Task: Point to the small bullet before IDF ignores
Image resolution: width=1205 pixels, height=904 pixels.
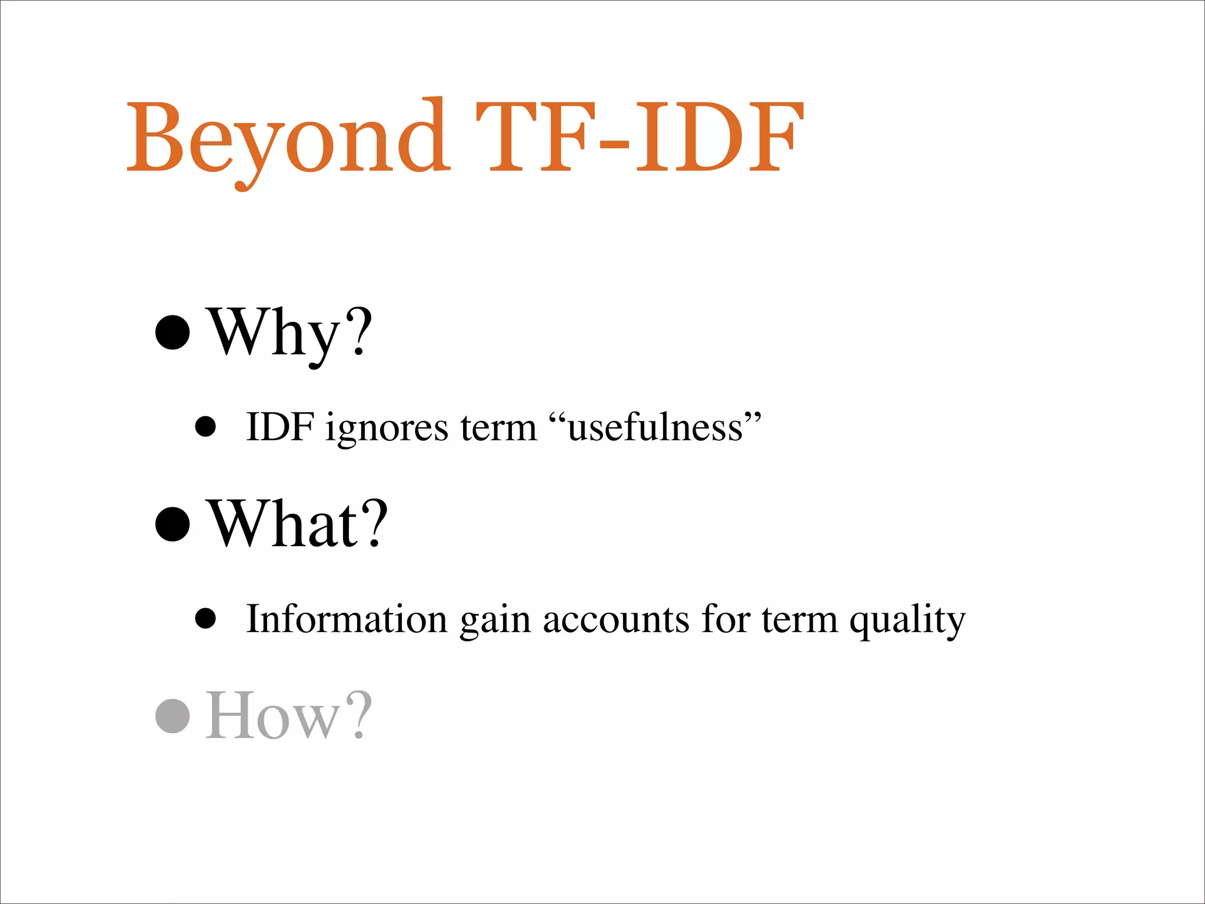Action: pyautogui.click(x=205, y=427)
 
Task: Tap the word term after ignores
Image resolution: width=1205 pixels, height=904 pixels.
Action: pyautogui.click(x=498, y=427)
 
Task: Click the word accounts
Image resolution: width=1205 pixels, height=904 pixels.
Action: pyautogui.click(x=615, y=620)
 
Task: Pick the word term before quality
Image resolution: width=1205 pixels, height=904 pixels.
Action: pyautogui.click(x=799, y=620)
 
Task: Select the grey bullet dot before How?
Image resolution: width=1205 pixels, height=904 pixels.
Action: pyautogui.click(x=172, y=715)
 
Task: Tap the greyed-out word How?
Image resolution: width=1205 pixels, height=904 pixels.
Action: pyautogui.click(x=289, y=715)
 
